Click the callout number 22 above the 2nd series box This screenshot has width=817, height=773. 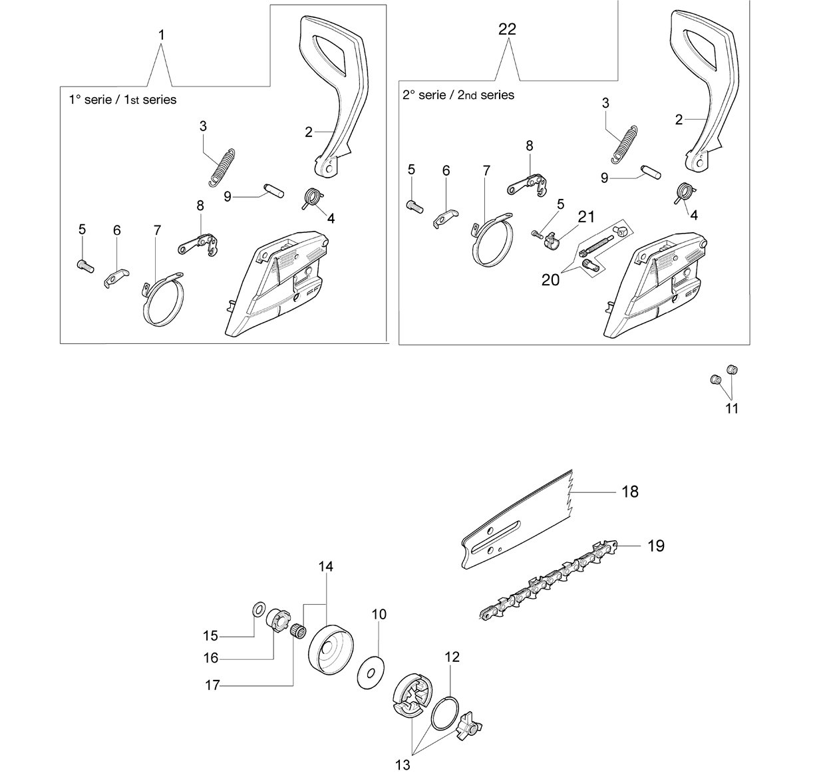pos(507,29)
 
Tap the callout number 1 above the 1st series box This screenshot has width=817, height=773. pos(162,35)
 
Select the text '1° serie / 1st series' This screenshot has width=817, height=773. pos(122,100)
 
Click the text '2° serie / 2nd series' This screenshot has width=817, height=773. pos(458,95)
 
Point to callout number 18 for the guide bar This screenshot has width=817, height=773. pos(629,492)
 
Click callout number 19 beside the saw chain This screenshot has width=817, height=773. pos(656,545)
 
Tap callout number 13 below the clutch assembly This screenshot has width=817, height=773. pos(403,764)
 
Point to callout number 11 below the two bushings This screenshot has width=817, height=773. pos(731,408)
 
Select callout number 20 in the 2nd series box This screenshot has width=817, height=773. pos(550,280)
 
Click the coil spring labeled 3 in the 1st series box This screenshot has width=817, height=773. pos(222,168)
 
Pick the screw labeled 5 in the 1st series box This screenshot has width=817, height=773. pos(86,265)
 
